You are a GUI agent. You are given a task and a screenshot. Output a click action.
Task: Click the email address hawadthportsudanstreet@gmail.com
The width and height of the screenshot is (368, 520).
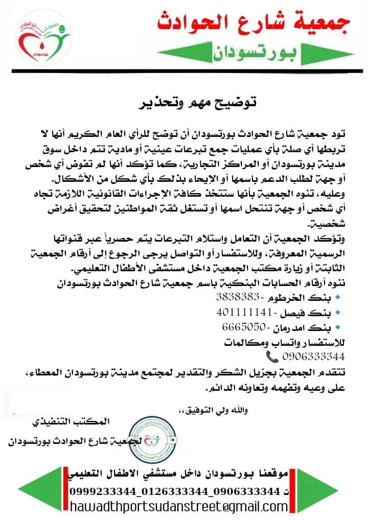pyautogui.click(x=179, y=507)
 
